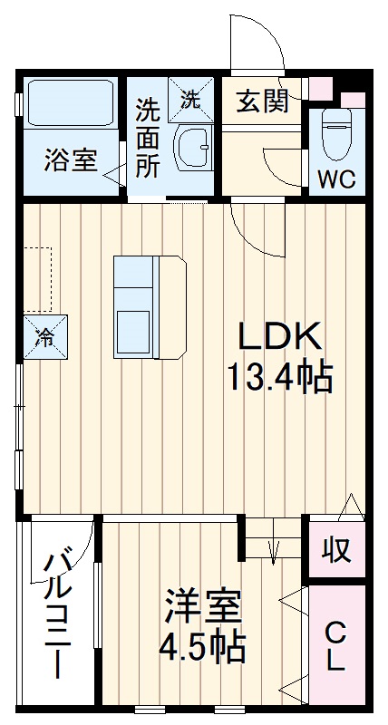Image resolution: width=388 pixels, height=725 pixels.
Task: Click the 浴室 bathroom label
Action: (x=71, y=160)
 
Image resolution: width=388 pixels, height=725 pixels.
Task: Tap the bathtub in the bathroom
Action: (x=71, y=102)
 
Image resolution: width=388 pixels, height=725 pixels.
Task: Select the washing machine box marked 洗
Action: (x=190, y=100)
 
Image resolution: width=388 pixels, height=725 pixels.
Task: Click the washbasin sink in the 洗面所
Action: (x=193, y=148)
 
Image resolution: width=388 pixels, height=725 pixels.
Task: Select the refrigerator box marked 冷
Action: (x=45, y=337)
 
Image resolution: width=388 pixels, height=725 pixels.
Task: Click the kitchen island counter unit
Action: (x=150, y=307)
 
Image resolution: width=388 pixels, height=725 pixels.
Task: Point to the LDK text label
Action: (x=280, y=337)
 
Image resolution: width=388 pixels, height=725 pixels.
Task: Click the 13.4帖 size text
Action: (x=279, y=377)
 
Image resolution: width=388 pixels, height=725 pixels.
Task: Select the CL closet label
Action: (x=335, y=646)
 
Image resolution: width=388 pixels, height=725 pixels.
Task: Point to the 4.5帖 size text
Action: (x=202, y=646)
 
